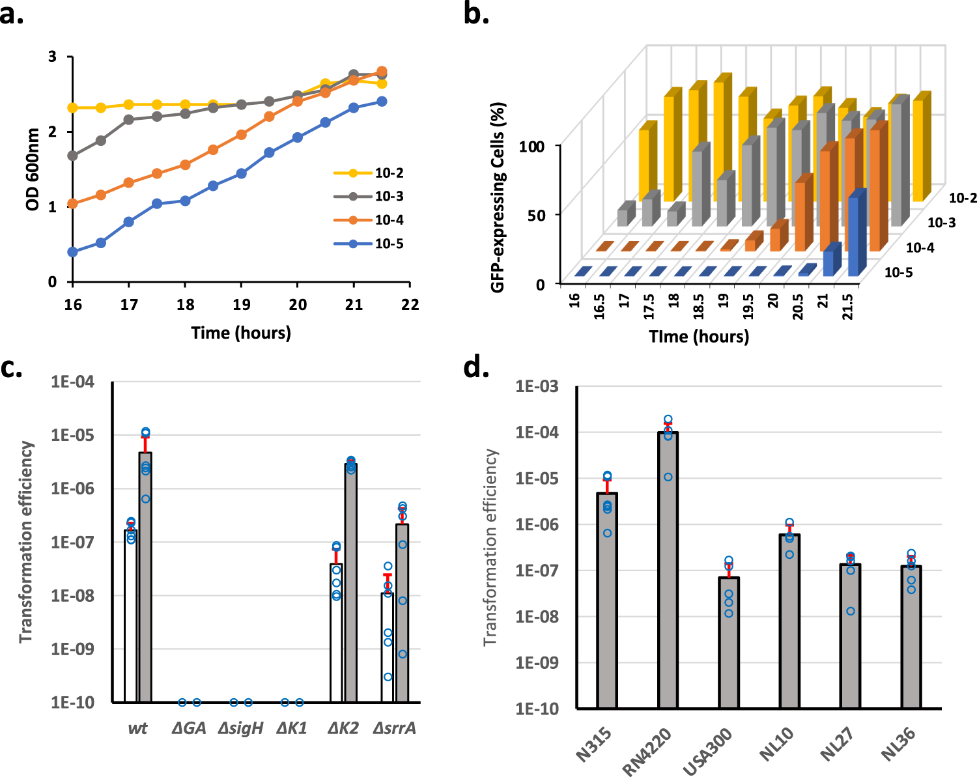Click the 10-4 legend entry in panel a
pos(389,220)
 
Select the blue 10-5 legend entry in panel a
pos(389,244)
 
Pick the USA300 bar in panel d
pos(729,642)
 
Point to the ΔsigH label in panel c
pos(241,728)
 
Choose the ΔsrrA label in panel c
pos(395,728)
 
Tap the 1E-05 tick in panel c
pos(72,435)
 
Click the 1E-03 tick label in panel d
pos(537,387)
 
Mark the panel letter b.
pos(476,14)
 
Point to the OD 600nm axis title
pos(33,169)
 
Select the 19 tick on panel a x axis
pos(242,305)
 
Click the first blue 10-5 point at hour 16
pos(73,252)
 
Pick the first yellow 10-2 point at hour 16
pos(73,107)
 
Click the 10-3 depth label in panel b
pos(941,223)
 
